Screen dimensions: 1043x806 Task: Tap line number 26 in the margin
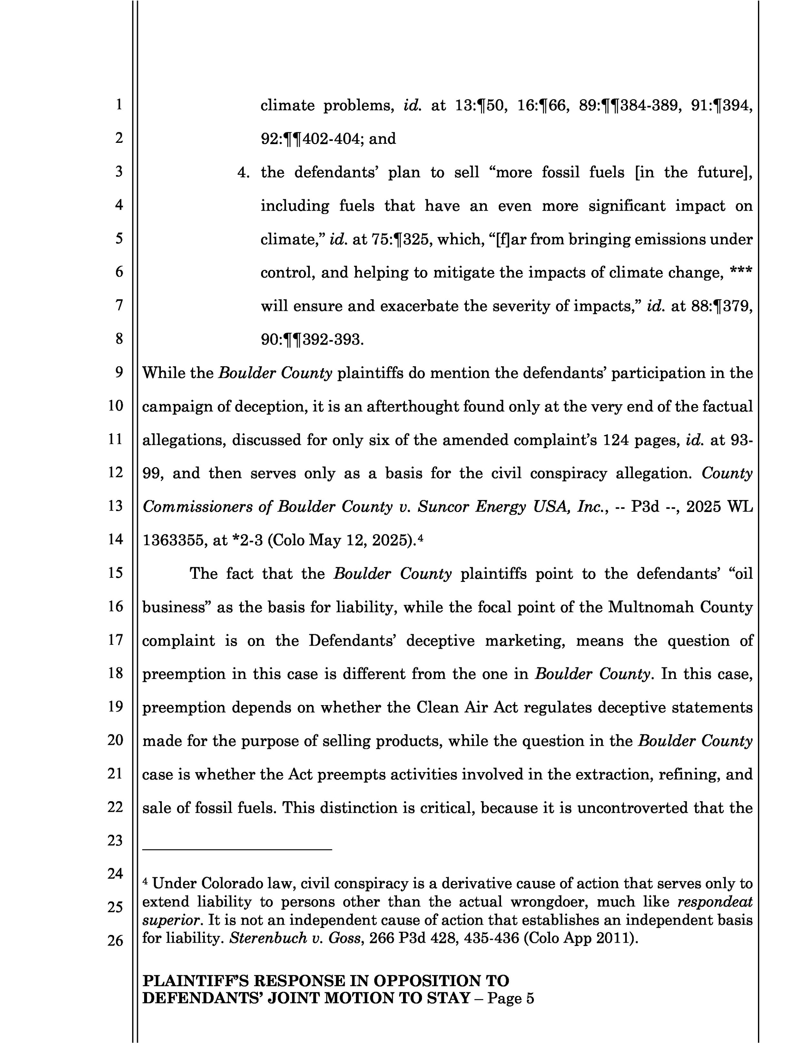(115, 940)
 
